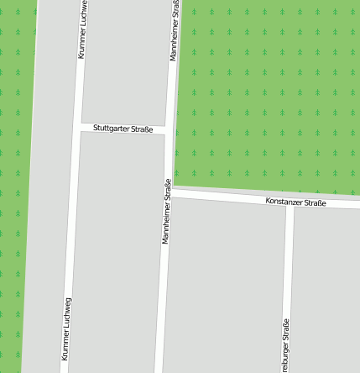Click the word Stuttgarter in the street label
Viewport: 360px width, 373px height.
(112, 129)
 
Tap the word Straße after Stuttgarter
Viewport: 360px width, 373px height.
(142, 129)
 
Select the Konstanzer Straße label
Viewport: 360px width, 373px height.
(295, 202)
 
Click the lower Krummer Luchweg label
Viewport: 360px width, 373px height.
(66, 329)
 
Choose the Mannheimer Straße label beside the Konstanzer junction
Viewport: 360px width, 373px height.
(166, 212)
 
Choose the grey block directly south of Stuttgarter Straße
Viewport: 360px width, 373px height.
(117, 252)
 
